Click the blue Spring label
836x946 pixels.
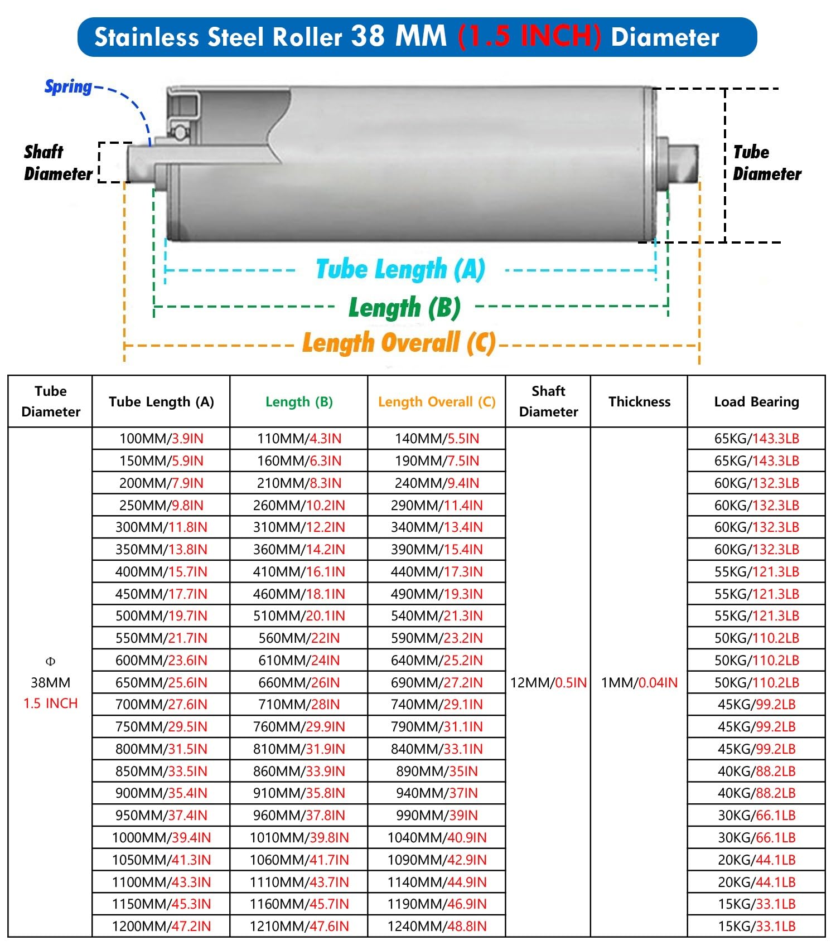(68, 87)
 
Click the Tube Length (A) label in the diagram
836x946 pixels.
(400, 270)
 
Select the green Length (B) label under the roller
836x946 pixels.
(404, 308)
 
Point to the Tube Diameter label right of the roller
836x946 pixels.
(766, 163)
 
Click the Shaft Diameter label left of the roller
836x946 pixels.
(57, 163)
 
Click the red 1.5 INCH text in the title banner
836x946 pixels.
(529, 37)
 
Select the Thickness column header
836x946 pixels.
(639, 402)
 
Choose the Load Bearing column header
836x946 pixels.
(756, 402)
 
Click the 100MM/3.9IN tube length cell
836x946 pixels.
(161, 439)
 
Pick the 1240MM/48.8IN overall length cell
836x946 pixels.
(437, 926)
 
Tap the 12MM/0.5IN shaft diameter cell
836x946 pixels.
(548, 682)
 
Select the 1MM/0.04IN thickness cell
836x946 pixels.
(639, 682)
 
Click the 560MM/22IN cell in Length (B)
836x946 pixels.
(299, 638)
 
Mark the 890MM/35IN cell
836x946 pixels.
(437, 772)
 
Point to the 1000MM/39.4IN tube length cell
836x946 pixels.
(161, 838)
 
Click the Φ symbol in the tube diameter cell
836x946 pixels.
(50, 662)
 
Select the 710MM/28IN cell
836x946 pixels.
(299, 705)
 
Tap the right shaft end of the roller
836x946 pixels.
(683, 163)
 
